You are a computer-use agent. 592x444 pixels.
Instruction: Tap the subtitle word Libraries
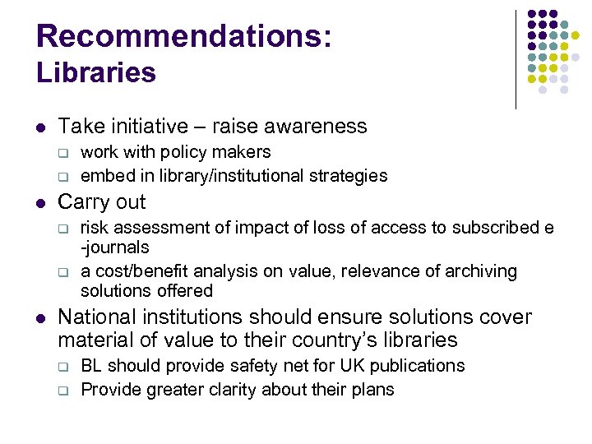[96, 72]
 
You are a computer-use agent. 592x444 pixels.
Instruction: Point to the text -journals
[115, 247]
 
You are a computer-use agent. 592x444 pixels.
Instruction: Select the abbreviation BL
[91, 366]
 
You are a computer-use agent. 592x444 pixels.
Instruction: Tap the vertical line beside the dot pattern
[516, 59]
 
